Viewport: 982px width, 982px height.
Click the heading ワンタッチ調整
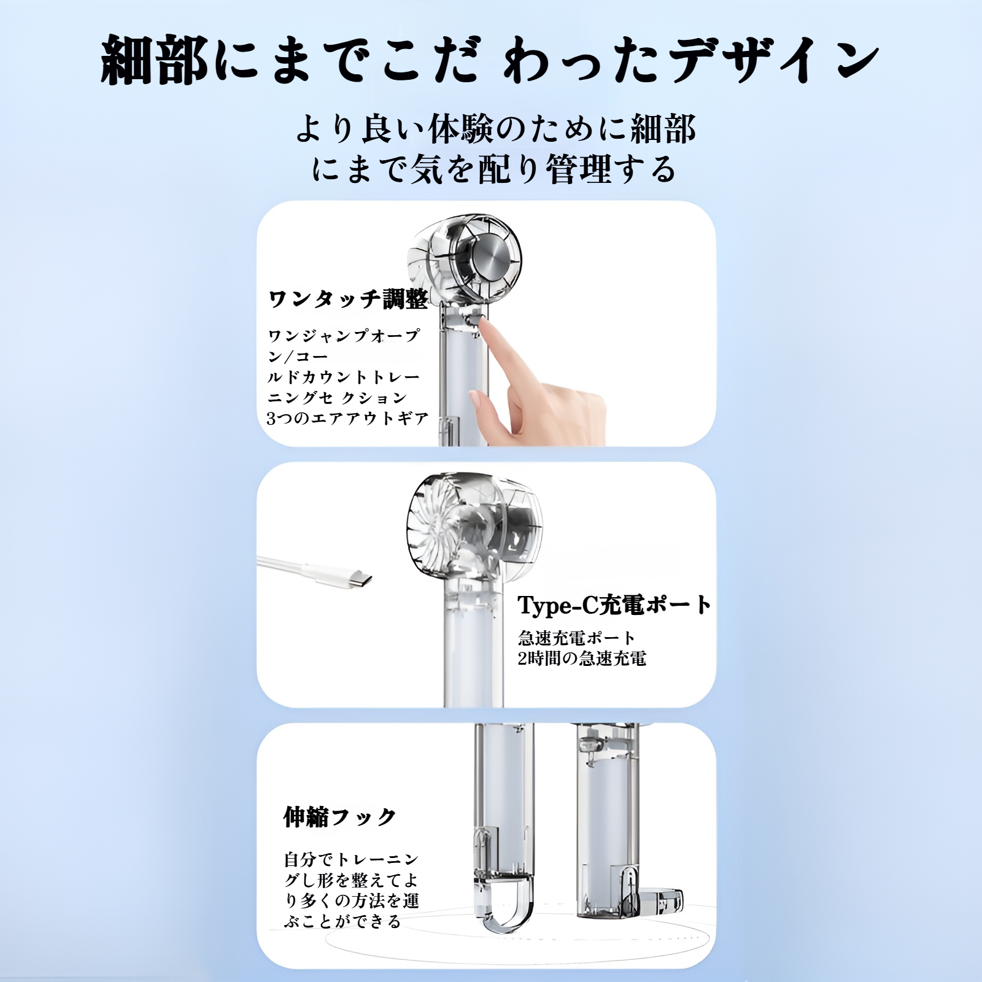coord(349,300)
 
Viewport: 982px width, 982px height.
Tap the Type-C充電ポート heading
coord(614,605)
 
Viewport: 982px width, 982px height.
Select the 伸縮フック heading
coord(340,817)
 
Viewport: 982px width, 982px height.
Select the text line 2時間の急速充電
coord(582,659)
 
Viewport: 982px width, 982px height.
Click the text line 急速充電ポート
coord(576,638)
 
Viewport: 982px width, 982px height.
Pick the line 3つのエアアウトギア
coord(347,419)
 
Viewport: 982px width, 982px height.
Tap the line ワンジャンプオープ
coord(344,336)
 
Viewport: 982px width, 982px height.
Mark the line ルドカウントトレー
coord(344,377)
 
